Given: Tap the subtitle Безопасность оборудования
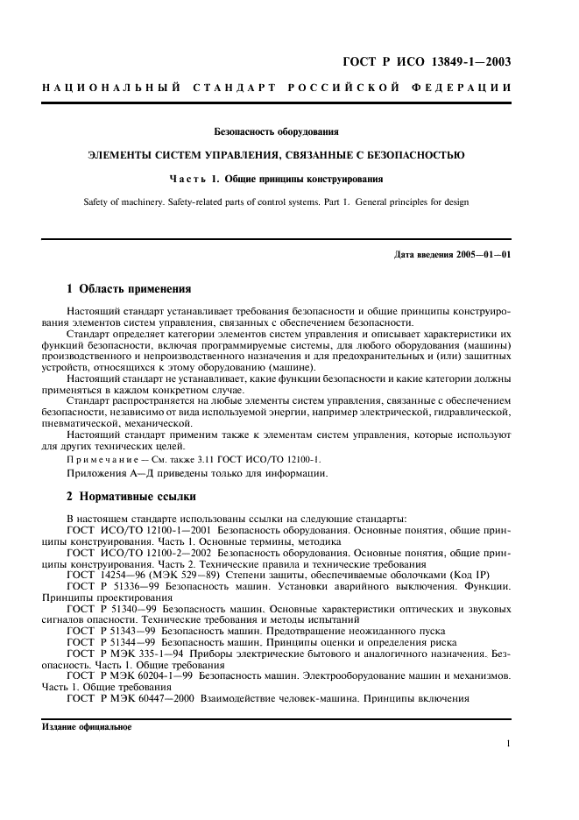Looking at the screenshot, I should (276, 132).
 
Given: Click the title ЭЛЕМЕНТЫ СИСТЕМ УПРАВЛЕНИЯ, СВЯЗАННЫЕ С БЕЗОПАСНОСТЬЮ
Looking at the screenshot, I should (276, 155).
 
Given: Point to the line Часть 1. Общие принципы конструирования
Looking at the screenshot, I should (276, 179).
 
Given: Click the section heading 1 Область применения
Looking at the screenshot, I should (129, 288).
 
